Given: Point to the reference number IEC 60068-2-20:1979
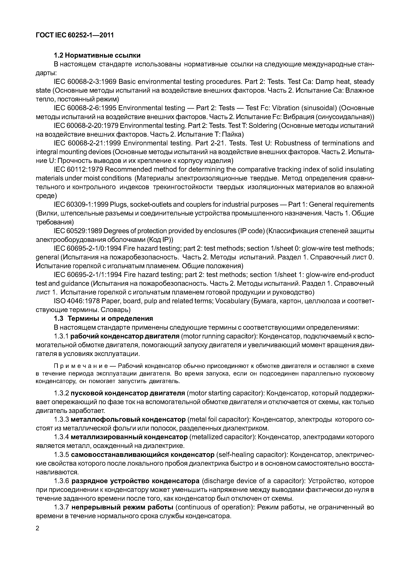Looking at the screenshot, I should click(x=86, y=125).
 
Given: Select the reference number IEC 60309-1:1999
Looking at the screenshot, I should click(x=81, y=205).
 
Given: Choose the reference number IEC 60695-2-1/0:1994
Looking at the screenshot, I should click(x=88, y=248).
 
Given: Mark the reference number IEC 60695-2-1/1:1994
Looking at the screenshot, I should click(x=88, y=275).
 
